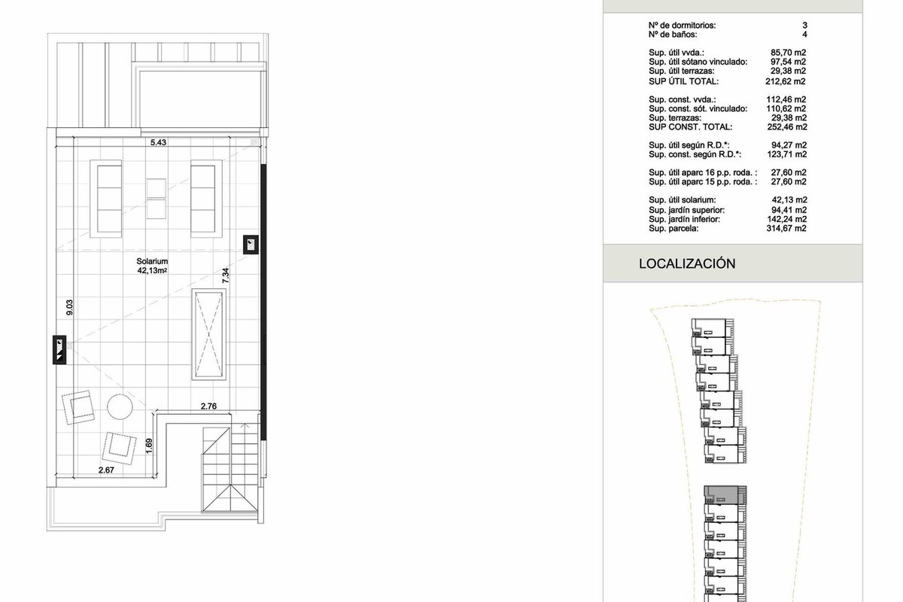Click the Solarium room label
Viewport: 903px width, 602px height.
[152, 261]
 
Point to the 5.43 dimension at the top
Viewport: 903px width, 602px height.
[158, 142]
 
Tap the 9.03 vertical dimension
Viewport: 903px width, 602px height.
[69, 307]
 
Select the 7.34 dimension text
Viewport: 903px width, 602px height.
[225, 275]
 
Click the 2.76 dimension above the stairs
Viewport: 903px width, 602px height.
[208, 406]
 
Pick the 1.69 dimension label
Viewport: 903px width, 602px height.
[149, 446]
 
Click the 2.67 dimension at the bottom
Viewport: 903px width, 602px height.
[106, 470]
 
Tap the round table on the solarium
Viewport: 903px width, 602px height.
[120, 406]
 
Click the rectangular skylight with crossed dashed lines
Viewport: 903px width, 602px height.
[209, 334]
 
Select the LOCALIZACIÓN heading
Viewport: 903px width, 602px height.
[687, 263]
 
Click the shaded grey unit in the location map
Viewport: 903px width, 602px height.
[721, 494]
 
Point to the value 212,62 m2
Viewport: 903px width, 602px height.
[786, 81]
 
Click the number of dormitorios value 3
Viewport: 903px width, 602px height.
[804, 25]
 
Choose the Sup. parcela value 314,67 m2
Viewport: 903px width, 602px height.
[786, 228]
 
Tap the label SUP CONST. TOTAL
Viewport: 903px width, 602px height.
[690, 127]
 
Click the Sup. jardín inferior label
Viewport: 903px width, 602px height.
[684, 219]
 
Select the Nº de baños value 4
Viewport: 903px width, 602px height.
[804, 35]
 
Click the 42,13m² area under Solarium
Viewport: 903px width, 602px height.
[152, 271]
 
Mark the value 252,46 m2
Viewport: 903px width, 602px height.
[787, 127]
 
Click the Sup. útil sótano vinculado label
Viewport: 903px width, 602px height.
[698, 62]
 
